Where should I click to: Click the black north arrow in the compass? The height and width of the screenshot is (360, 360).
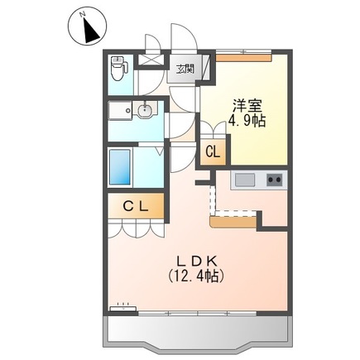[91, 31]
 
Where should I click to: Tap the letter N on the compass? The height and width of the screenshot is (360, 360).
[82, 15]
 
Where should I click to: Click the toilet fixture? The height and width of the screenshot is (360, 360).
[118, 69]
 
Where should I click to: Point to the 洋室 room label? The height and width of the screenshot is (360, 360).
[247, 105]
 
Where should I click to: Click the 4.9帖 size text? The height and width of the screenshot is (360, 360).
[247, 121]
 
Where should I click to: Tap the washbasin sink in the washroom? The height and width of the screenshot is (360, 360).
[145, 110]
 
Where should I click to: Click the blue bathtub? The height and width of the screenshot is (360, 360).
[120, 167]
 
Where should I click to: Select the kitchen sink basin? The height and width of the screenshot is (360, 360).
[245, 180]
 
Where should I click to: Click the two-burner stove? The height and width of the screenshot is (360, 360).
[275, 180]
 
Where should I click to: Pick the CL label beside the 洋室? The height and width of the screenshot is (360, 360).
[214, 152]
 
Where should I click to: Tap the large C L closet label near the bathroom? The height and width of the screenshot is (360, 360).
[136, 206]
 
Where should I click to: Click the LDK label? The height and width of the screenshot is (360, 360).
[196, 261]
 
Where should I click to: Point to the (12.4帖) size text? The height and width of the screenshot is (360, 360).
[196, 276]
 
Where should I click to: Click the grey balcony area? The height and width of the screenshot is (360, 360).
[198, 332]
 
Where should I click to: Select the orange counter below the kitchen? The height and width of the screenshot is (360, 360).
[233, 222]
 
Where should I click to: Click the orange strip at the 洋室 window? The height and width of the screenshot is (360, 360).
[244, 57]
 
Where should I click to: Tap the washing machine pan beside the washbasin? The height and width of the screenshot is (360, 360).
[120, 110]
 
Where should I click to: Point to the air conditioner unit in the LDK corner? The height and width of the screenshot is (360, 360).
[123, 309]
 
